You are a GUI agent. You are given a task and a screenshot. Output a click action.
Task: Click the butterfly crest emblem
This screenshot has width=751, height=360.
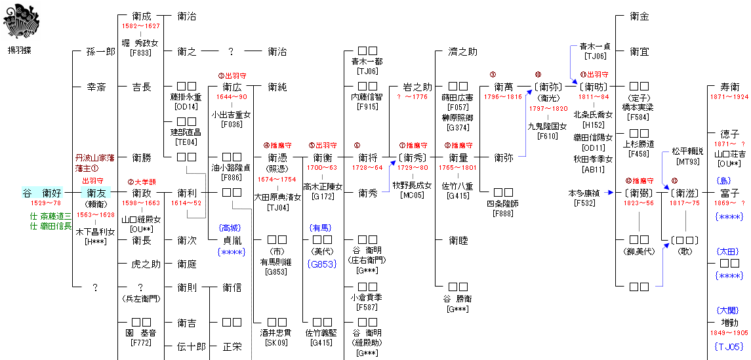click(18, 20)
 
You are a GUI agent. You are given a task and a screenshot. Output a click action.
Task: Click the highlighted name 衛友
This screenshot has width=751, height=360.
click(96, 193)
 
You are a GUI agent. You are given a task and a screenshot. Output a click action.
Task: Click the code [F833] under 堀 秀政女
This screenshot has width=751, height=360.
click(141, 53)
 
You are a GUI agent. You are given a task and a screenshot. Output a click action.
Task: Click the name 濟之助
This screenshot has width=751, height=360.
click(462, 52)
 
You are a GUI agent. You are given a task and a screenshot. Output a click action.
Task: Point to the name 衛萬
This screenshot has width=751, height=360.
click(503, 87)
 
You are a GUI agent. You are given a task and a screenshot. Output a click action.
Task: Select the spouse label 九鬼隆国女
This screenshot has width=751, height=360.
click(547, 126)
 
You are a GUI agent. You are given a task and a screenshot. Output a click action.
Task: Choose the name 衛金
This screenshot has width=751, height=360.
click(639, 16)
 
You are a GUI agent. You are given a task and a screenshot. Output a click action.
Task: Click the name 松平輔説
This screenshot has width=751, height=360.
click(687, 151)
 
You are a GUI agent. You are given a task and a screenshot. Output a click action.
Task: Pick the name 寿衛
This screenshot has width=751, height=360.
click(729, 87)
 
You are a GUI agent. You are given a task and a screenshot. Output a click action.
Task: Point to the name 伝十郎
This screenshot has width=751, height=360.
click(192, 346)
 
